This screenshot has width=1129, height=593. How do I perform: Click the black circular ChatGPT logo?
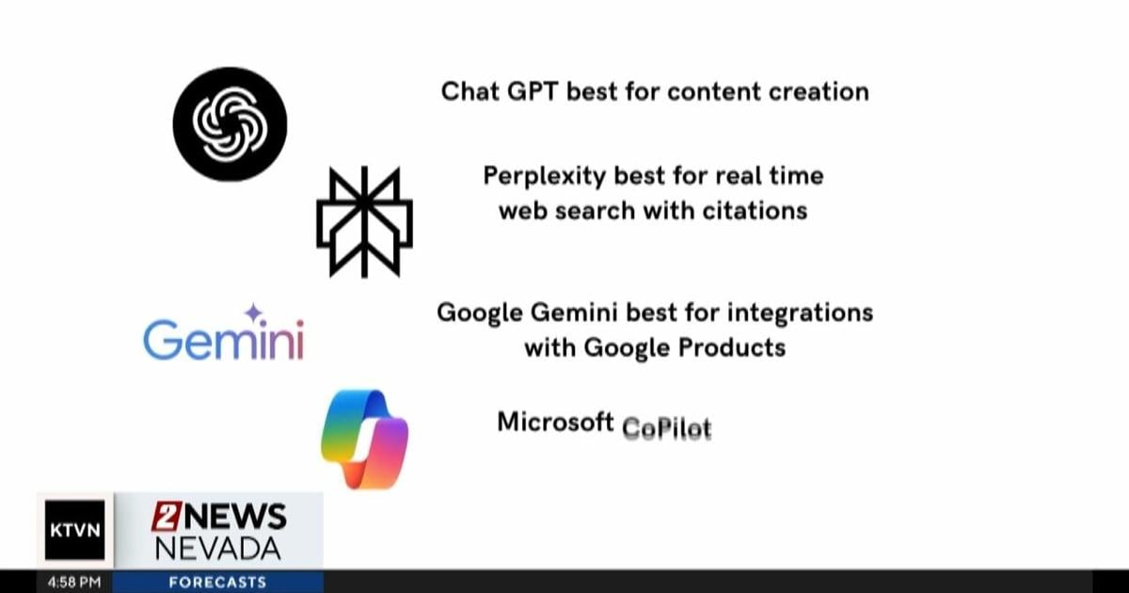click(230, 124)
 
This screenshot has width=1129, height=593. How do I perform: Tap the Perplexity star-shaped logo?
click(364, 222)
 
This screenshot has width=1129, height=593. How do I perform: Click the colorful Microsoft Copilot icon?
click(364, 439)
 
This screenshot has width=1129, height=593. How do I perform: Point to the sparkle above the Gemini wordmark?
click(253, 313)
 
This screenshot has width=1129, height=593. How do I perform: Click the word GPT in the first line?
click(533, 92)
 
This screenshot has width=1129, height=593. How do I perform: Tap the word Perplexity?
click(545, 177)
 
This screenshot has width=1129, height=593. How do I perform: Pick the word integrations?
click(801, 313)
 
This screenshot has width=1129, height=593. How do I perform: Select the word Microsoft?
click(555, 422)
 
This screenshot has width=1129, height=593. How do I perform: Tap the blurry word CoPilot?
click(667, 428)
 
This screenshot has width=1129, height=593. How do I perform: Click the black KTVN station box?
click(75, 530)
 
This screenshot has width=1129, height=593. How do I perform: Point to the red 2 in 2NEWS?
click(166, 517)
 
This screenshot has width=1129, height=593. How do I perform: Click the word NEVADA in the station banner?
click(217, 549)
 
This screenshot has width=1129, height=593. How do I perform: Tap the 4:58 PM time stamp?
click(74, 583)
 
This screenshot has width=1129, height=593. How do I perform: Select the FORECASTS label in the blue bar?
click(217, 583)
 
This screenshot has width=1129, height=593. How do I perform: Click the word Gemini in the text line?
click(574, 313)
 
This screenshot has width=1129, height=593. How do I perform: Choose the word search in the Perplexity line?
click(595, 210)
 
